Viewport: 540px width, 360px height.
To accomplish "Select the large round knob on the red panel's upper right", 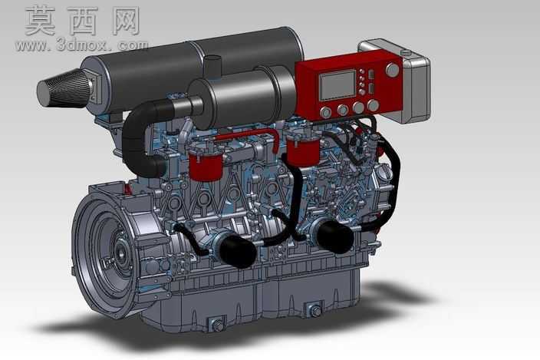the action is (392, 70).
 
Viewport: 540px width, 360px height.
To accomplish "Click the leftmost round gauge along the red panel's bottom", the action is (325, 112).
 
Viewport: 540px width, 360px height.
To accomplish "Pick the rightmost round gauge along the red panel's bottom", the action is (374, 105).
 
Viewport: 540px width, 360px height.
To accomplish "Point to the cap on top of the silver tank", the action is (406, 53).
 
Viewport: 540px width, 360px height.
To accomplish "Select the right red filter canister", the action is (303, 151).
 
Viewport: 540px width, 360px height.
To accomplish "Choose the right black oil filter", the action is (334, 236).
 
